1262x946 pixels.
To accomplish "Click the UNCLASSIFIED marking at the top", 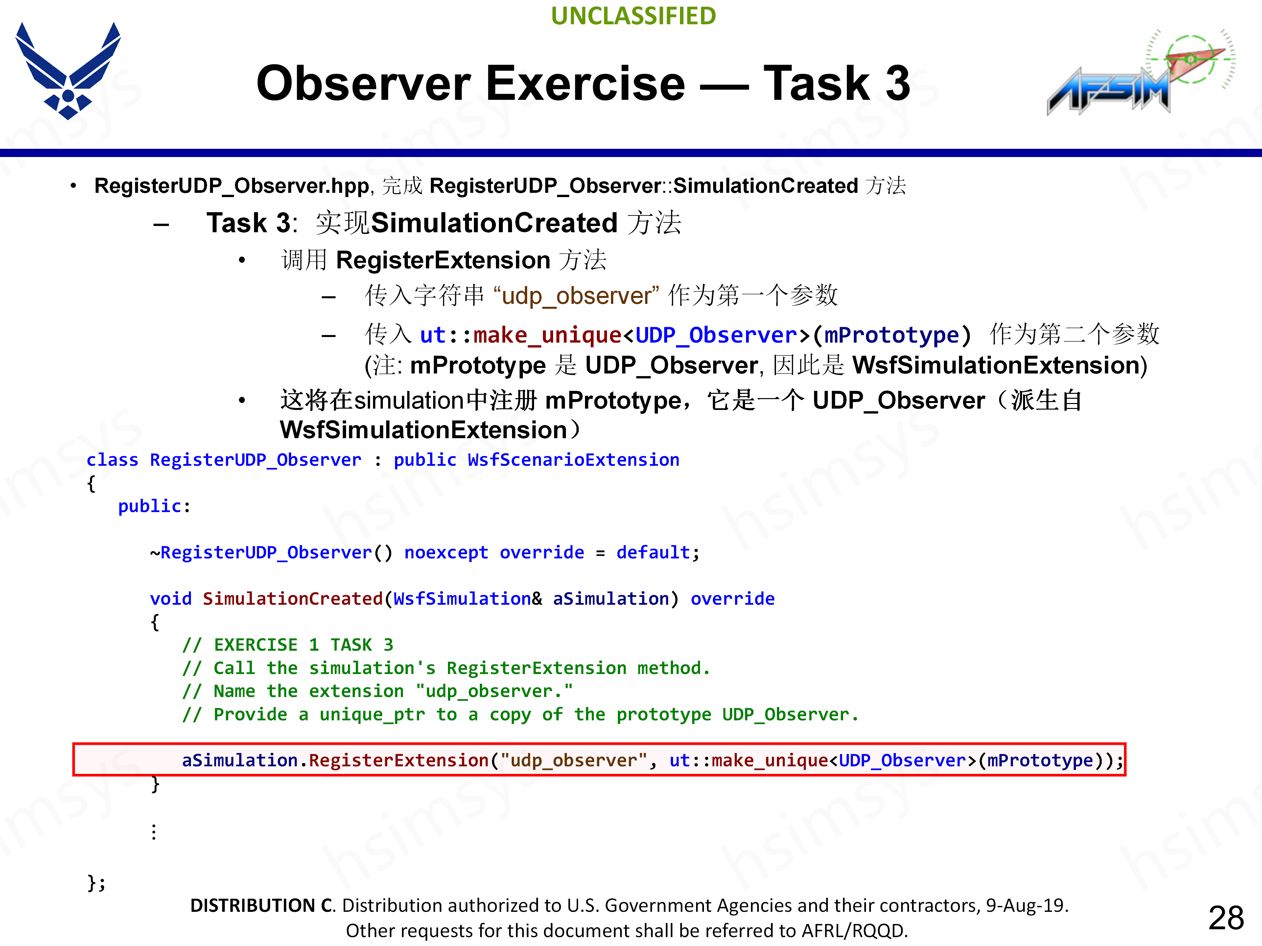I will pos(633,16).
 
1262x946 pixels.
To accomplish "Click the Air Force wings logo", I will pos(68,71).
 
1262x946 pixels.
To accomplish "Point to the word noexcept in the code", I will pos(446,552).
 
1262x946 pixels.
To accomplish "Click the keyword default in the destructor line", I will pos(653,552).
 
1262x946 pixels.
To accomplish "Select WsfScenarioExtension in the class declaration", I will pos(573,460).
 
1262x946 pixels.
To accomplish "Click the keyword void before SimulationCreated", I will pos(171,599).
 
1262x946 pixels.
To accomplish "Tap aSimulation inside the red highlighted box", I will pos(240,761).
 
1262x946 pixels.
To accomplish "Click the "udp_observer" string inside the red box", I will pos(573,761).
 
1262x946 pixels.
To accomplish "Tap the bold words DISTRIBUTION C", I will pos(263,906).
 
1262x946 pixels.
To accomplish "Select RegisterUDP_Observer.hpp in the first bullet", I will pos(232,186).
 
